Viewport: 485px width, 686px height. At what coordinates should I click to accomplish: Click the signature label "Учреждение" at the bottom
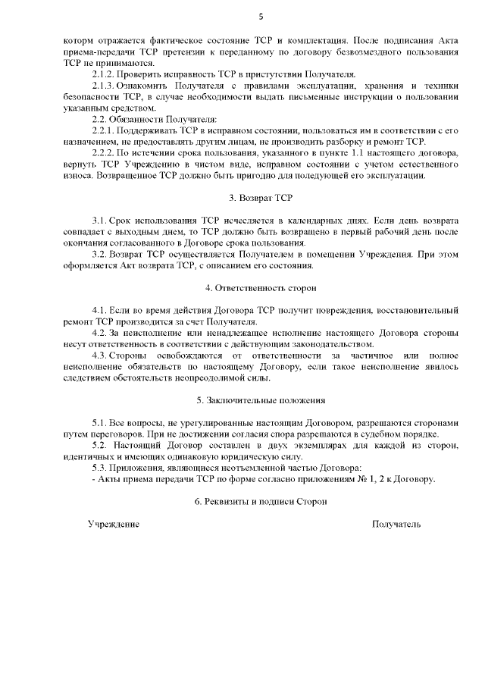113,524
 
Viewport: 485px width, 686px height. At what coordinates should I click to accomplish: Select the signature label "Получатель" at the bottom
396,524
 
